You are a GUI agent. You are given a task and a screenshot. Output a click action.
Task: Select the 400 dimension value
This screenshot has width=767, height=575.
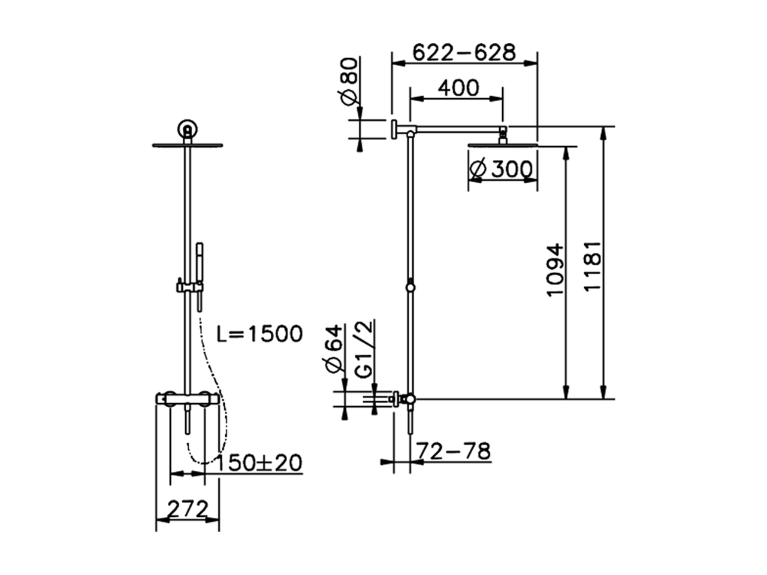[x=458, y=88]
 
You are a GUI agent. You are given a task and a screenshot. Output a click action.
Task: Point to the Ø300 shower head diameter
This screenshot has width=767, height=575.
[x=502, y=170]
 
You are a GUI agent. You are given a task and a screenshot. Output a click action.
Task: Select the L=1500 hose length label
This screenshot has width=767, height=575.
[x=259, y=334]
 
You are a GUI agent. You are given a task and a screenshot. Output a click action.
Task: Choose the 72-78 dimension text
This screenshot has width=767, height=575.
[x=454, y=451]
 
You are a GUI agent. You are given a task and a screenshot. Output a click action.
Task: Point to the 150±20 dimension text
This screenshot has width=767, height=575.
[x=259, y=462]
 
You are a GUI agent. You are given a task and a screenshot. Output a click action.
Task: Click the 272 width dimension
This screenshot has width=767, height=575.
[x=187, y=510]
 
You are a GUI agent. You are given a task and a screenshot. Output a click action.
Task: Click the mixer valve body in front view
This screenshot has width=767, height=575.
[x=188, y=398]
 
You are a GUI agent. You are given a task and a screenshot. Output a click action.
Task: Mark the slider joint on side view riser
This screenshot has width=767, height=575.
[x=410, y=287]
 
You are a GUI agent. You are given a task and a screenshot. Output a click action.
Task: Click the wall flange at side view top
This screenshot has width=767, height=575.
[x=394, y=128]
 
